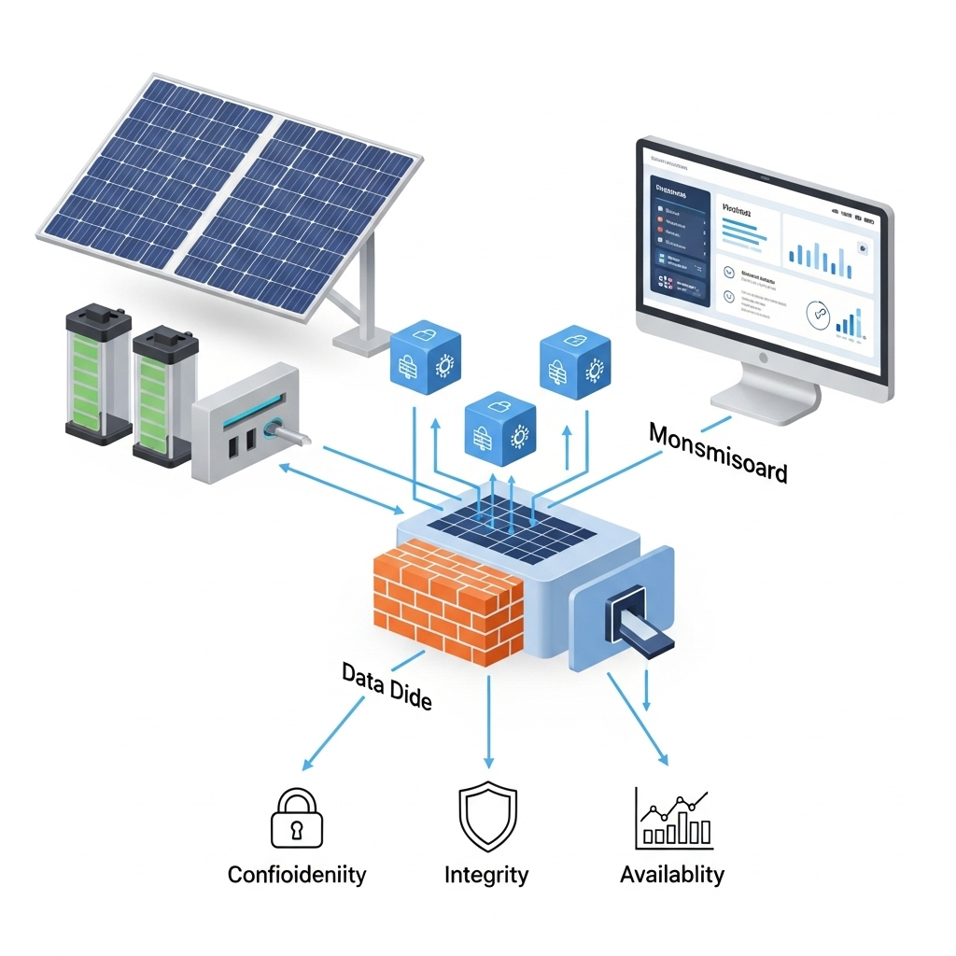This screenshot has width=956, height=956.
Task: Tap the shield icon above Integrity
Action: point(486,818)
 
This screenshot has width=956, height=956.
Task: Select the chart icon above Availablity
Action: point(673,819)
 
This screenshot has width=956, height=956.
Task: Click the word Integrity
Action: point(486,876)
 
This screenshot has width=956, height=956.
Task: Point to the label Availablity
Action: point(672,875)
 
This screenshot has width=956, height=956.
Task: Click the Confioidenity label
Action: point(297,876)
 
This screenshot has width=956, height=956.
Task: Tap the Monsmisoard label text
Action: point(718,452)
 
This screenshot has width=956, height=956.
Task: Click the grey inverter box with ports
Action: point(246,423)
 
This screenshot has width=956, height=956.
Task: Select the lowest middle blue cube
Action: point(500,426)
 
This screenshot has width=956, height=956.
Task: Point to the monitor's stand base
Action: point(766,399)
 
